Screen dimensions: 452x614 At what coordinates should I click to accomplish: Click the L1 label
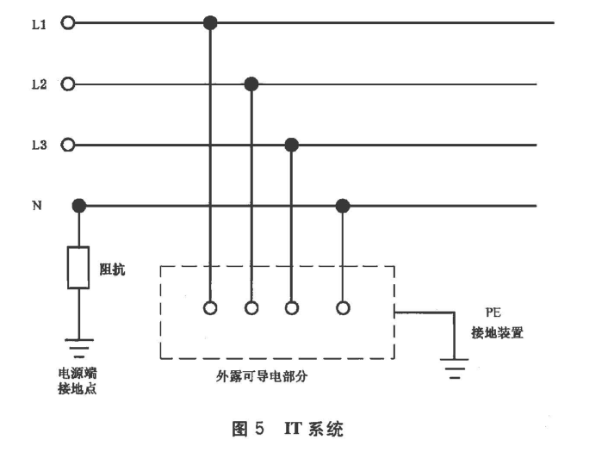coord(39,24)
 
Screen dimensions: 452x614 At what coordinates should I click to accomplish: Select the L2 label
coord(39,84)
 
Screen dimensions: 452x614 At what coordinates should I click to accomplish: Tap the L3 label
coord(39,145)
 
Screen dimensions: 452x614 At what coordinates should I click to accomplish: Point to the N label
coord(38,206)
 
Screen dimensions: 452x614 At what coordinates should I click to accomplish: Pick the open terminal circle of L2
coord(69,84)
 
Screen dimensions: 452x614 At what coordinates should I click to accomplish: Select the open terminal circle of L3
coord(69,145)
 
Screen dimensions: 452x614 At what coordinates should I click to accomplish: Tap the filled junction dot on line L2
coord(251,84)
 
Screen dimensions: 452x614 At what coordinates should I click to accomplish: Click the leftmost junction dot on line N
coord(79,206)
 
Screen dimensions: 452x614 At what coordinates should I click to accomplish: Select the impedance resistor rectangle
coord(79,268)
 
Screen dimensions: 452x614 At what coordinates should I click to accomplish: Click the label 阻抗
coord(113,269)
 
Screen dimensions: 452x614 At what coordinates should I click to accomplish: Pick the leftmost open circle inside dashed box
coord(210,307)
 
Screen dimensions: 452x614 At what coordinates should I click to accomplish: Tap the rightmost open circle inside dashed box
coord(343,307)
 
